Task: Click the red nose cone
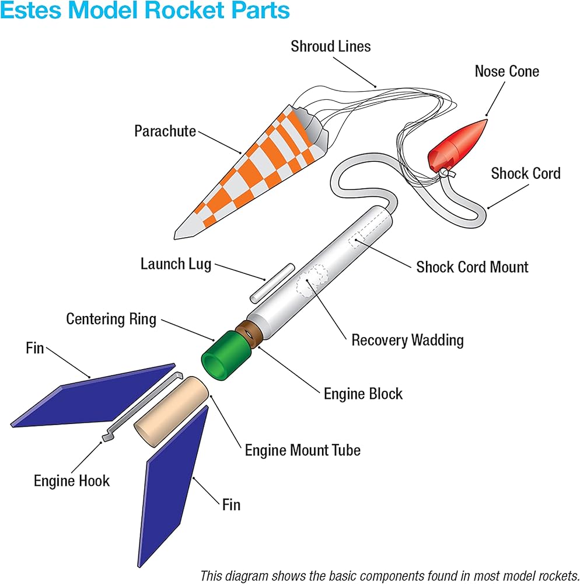(459, 146)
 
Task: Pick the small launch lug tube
(272, 283)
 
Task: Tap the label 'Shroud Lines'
(331, 46)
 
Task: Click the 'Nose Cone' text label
(506, 71)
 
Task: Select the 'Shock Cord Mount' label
(472, 267)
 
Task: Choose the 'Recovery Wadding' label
(407, 340)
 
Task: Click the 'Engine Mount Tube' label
(302, 450)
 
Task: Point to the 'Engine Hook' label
(72, 481)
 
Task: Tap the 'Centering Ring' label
(111, 319)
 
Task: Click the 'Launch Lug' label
(176, 263)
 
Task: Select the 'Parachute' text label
(165, 131)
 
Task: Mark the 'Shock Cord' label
(525, 173)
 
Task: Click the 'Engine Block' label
(363, 393)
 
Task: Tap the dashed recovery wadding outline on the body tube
(312, 278)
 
